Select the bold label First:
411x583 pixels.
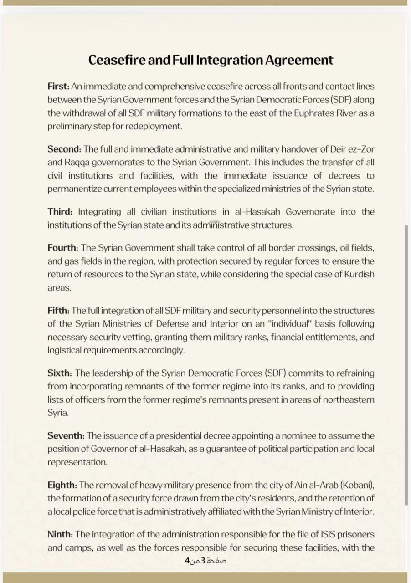click(58, 86)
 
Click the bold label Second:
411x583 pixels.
click(64, 149)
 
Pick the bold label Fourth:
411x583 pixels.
click(63, 248)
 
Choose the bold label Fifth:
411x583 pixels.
click(58, 311)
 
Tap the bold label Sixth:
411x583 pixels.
click(60, 373)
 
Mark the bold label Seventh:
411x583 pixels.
click(66, 436)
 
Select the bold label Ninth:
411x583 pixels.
click(60, 534)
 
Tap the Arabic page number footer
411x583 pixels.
click(205, 560)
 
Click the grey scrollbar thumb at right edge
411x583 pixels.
click(406, 364)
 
